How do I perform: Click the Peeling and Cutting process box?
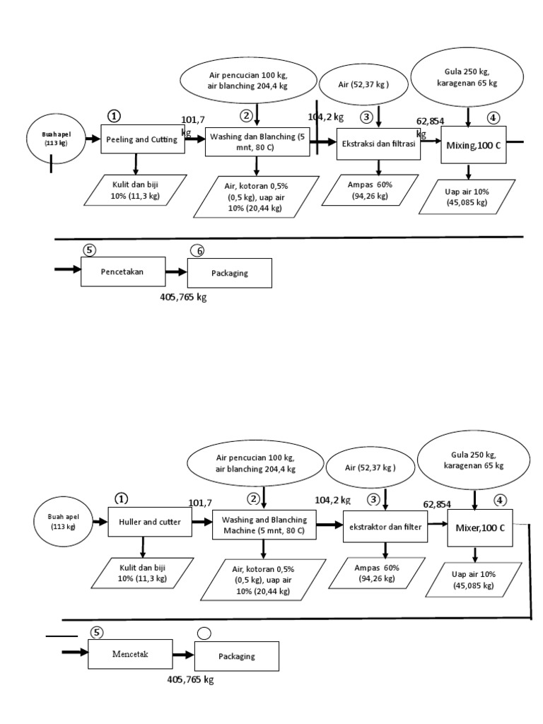[142, 140]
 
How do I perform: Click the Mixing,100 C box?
[474, 145]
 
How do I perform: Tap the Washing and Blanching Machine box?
[263, 526]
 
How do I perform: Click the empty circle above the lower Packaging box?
[204, 633]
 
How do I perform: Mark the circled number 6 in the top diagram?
[199, 250]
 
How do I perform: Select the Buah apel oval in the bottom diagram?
[62, 522]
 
